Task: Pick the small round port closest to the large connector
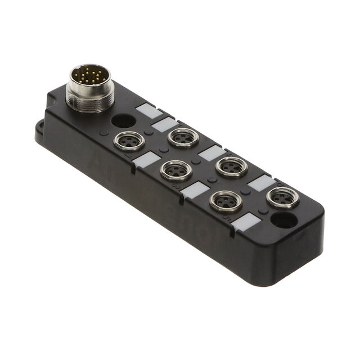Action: [129, 141]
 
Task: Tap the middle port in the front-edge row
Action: [176, 170]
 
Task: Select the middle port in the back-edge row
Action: [231, 166]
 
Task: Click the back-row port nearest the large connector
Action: [183, 137]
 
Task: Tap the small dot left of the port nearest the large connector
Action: [105, 134]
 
